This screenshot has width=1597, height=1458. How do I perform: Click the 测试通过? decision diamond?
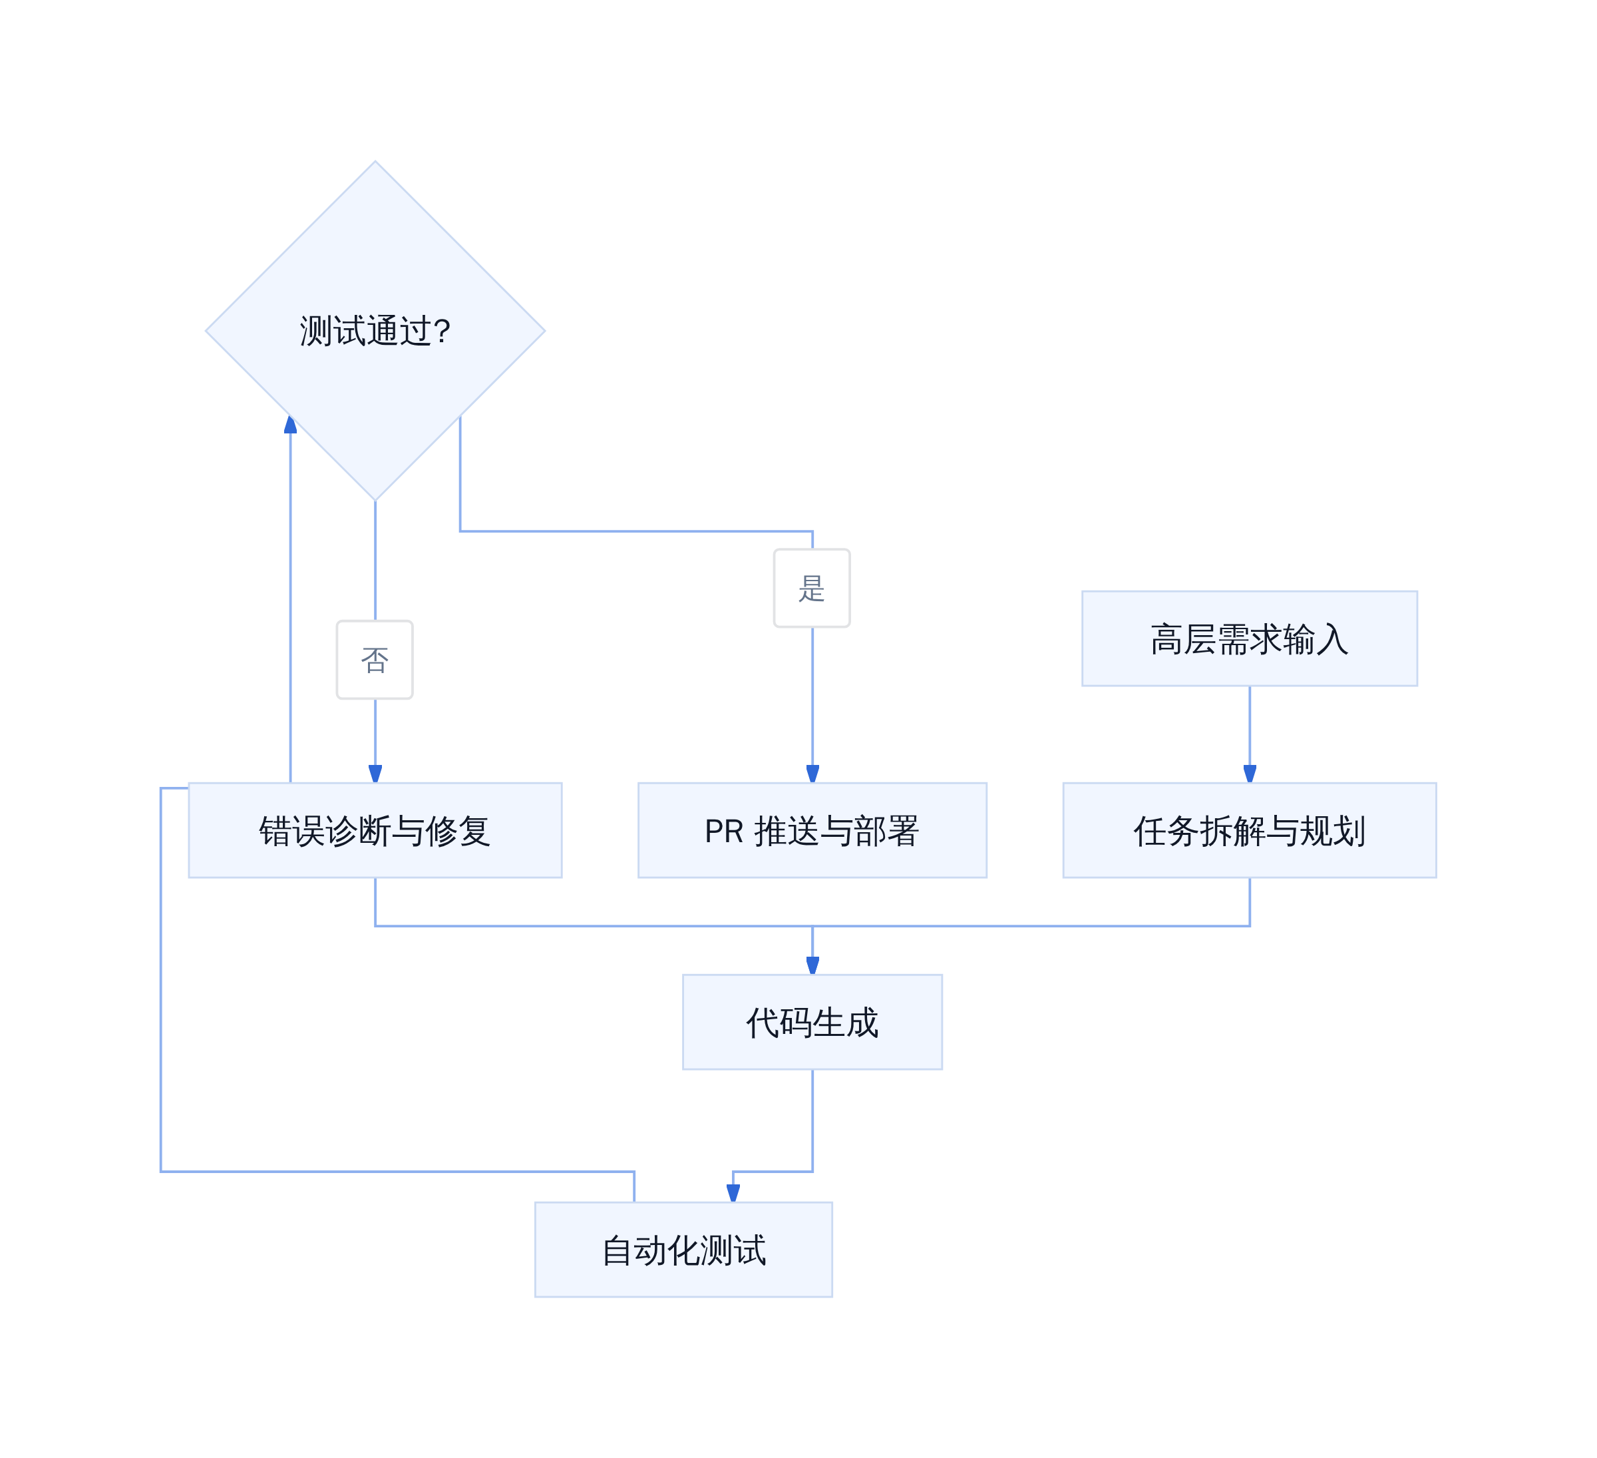pos(375,332)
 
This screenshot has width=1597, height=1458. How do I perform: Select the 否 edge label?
pos(375,660)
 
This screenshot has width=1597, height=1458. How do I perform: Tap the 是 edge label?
pos(812,589)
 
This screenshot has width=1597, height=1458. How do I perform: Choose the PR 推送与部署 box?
pos(812,830)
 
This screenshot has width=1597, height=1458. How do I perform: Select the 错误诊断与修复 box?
pos(375,830)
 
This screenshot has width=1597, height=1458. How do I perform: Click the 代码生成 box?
pos(812,1022)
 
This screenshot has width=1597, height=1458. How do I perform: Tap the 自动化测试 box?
pos(683,1250)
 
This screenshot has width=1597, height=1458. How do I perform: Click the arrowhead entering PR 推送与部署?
pos(812,774)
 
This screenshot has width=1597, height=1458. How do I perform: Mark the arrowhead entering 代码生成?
pos(812,966)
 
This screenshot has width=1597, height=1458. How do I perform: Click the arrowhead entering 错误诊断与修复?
pos(375,774)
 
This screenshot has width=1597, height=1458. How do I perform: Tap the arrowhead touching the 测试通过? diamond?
pos(291,425)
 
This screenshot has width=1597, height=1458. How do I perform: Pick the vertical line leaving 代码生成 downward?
pos(812,1120)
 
